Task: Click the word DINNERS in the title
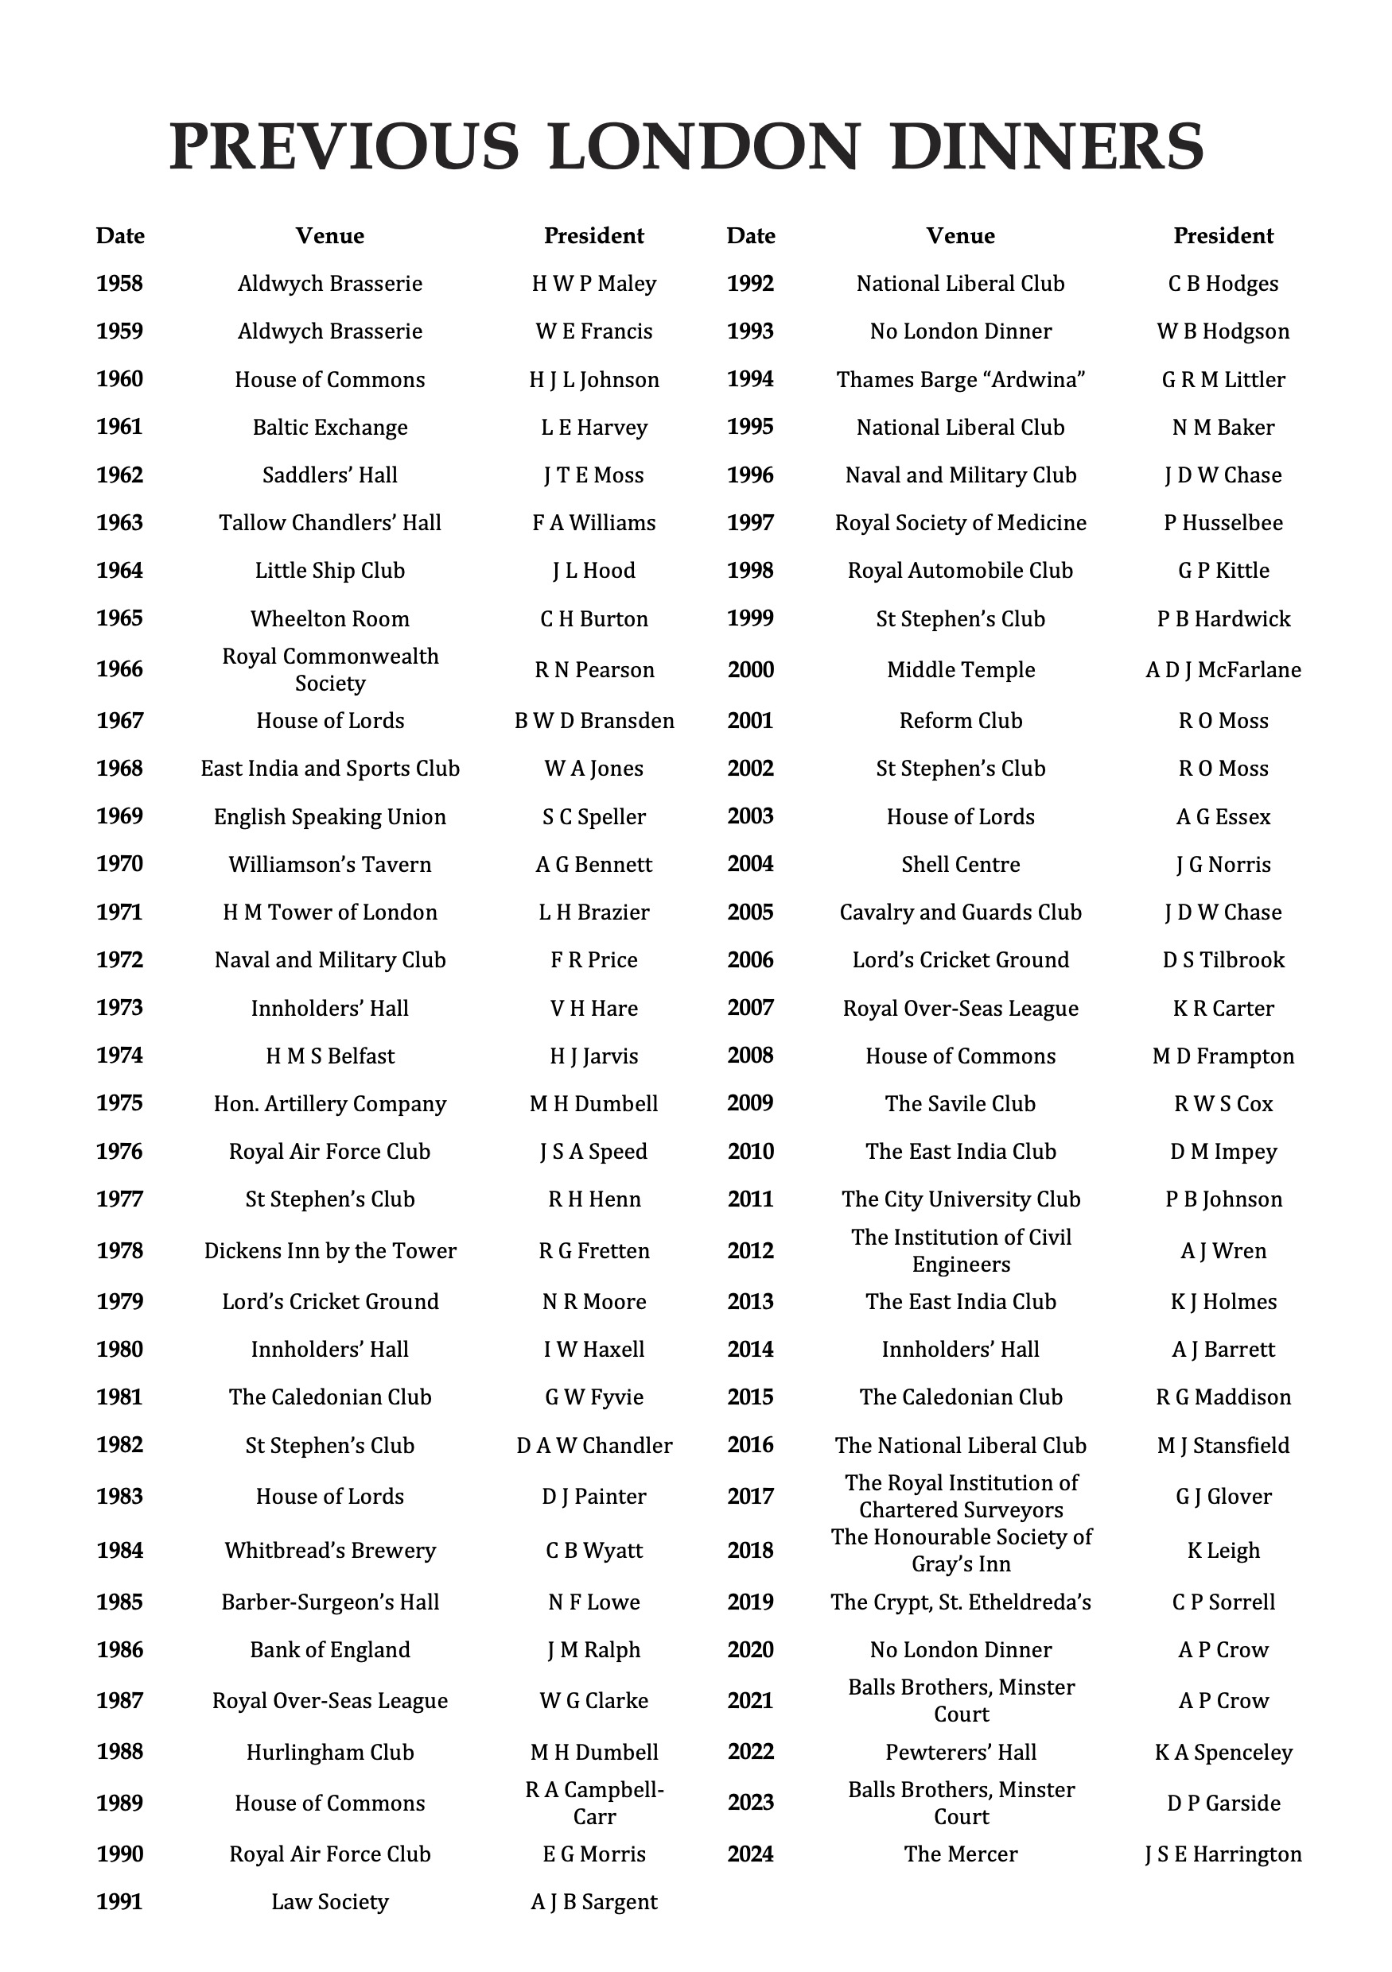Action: click(x=1047, y=146)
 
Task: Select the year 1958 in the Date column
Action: click(x=119, y=284)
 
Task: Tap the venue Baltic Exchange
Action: click(x=330, y=427)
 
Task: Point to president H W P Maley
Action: click(x=593, y=284)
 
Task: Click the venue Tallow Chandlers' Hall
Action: click(x=330, y=522)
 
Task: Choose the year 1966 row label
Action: click(x=119, y=669)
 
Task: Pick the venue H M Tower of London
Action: click(x=330, y=912)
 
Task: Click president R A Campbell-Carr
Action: click(x=593, y=1803)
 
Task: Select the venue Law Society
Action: click(x=330, y=1901)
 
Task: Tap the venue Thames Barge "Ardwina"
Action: click(x=961, y=380)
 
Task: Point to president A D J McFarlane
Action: click(x=1223, y=669)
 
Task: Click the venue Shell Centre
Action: click(x=961, y=864)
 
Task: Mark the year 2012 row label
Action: click(x=750, y=1250)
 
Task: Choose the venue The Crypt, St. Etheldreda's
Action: click(x=961, y=1602)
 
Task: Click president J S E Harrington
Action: click(x=1223, y=1854)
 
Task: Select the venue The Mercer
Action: click(x=961, y=1854)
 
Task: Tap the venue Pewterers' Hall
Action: click(x=961, y=1751)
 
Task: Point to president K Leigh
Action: click(x=1223, y=1550)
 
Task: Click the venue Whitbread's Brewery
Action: click(x=330, y=1550)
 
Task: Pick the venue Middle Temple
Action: click(x=961, y=669)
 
